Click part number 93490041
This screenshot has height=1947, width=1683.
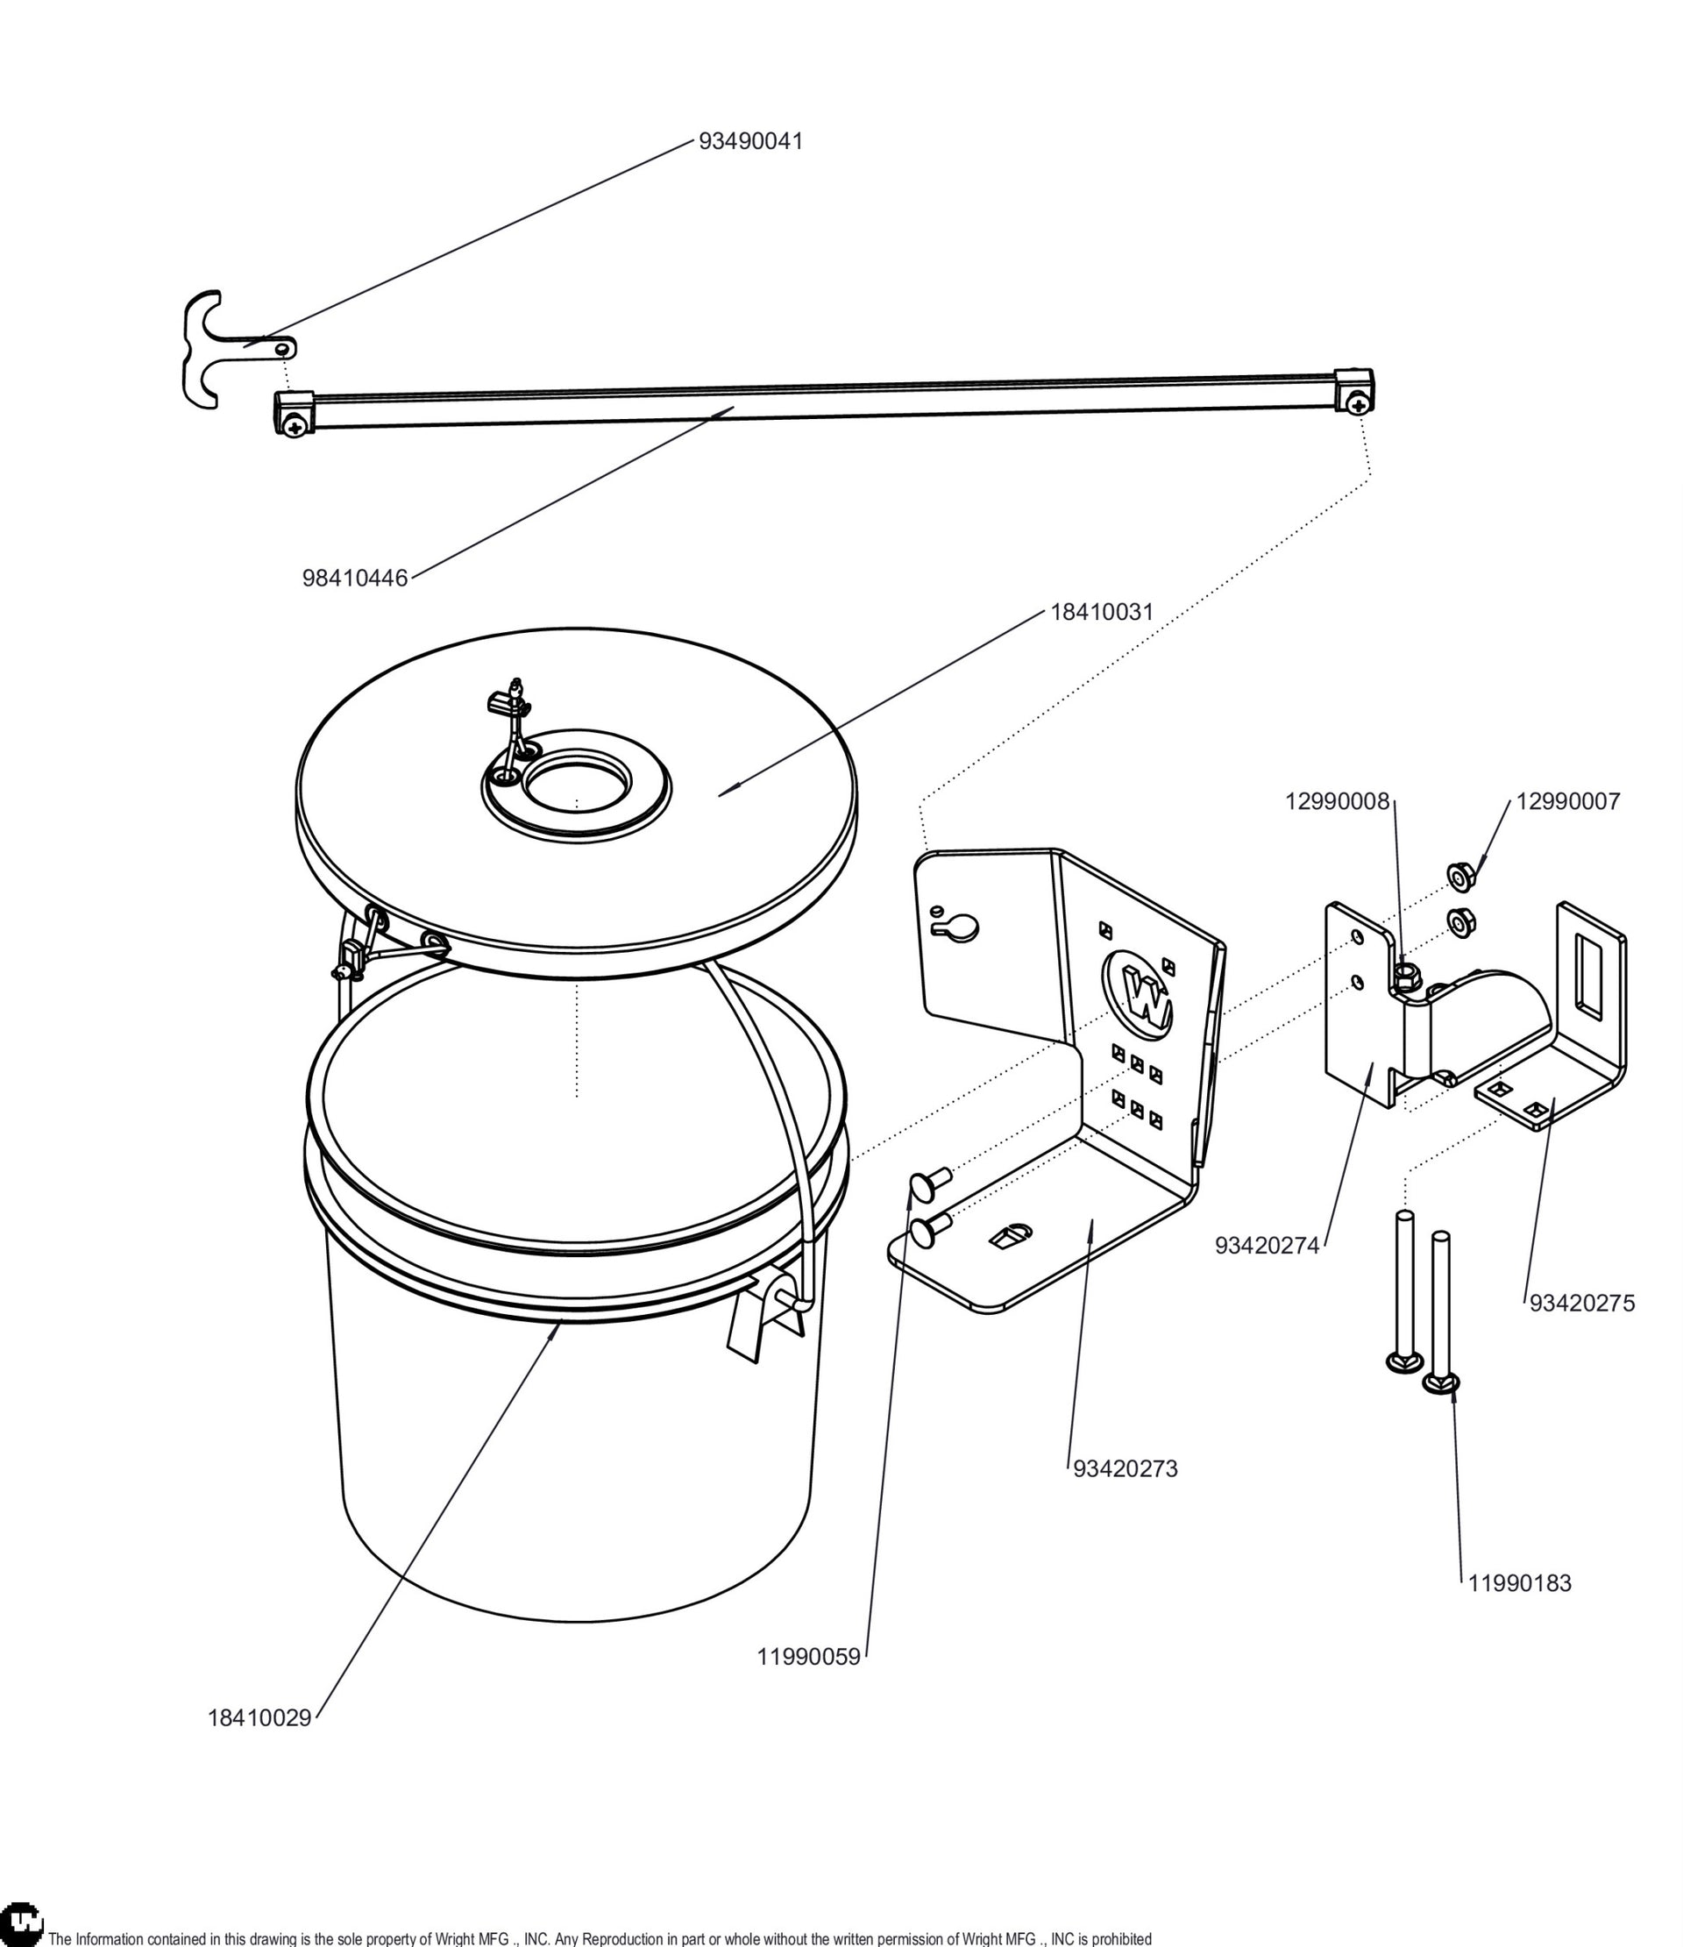(751, 141)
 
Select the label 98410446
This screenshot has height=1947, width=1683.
(355, 578)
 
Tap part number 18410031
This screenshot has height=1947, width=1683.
(1101, 612)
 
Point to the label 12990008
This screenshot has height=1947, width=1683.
(1337, 801)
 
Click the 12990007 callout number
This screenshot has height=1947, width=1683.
(1568, 801)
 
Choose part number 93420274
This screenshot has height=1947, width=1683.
(1268, 1246)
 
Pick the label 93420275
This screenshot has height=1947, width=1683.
(1582, 1304)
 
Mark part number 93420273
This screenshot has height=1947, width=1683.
(1126, 1468)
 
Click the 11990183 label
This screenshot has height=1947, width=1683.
(1521, 1583)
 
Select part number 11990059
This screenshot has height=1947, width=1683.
(809, 1658)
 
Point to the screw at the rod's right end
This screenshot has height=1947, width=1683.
(1357, 404)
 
